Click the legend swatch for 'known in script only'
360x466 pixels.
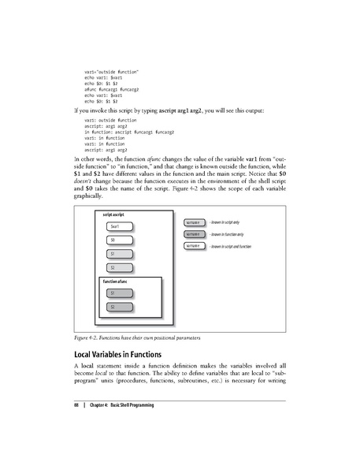coord(193,223)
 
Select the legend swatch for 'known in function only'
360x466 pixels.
coord(193,234)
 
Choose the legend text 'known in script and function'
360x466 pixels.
coord(230,247)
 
